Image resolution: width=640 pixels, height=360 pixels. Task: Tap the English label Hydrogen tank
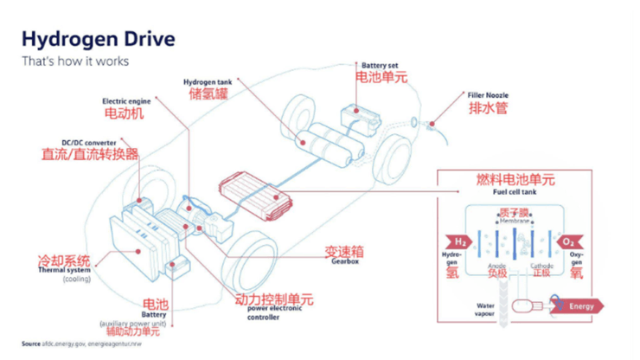tap(207, 82)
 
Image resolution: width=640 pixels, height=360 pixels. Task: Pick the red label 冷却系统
tap(63, 260)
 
